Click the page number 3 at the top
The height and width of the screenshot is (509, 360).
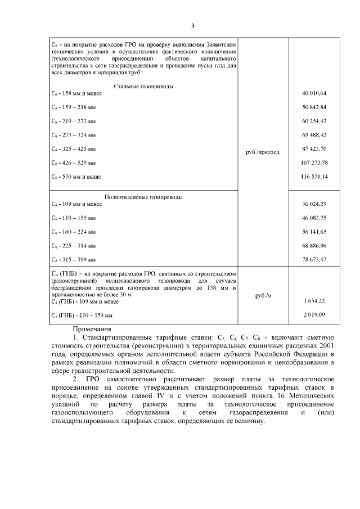192,25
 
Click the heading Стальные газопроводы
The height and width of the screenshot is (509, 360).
143,86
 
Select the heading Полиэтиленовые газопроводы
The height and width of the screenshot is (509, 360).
143,197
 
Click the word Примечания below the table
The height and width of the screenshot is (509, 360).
93,328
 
